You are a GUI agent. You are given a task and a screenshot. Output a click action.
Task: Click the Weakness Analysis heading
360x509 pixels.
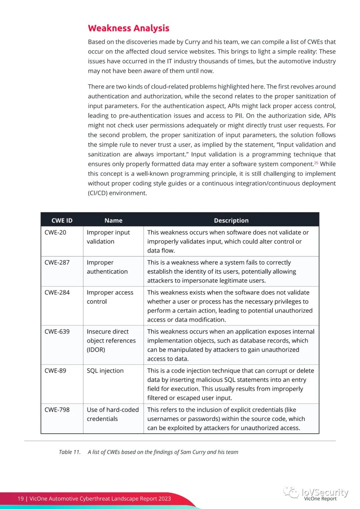tap(128, 28)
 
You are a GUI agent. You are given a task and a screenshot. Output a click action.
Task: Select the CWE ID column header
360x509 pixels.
tap(62, 220)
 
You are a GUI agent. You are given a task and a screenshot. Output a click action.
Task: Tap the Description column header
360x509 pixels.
tap(231, 220)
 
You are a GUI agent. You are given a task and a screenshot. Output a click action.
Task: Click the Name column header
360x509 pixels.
tap(113, 220)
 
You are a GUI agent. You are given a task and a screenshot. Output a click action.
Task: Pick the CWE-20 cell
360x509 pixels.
tap(55, 232)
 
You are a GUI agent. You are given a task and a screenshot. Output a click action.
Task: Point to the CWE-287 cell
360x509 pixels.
tap(57, 262)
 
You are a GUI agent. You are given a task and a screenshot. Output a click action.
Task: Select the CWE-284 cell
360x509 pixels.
tap(57, 292)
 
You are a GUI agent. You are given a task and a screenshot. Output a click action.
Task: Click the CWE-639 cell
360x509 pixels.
tap(57, 331)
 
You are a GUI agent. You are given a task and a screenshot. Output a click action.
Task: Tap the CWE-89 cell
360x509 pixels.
tap(55, 371)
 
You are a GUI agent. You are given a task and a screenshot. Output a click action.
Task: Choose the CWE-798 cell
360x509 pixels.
tap(57, 410)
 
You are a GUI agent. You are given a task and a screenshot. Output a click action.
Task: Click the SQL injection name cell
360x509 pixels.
tap(105, 371)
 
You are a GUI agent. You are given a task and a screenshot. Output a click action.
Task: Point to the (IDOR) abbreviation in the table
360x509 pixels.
tap(96, 350)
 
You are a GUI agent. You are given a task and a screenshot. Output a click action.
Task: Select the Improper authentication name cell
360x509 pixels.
tap(107, 267)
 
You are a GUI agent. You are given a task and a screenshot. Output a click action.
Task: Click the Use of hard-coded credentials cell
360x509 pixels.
tap(113, 414)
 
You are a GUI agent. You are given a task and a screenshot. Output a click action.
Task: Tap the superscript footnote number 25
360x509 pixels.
tap(316, 163)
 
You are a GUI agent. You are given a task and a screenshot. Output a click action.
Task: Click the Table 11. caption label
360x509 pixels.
tap(70, 452)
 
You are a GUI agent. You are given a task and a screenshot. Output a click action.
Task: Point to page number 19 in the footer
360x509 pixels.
tap(21, 499)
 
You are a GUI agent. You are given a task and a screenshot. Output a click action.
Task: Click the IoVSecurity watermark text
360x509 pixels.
tap(325, 492)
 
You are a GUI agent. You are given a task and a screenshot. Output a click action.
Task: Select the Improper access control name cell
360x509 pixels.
tap(110, 297)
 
